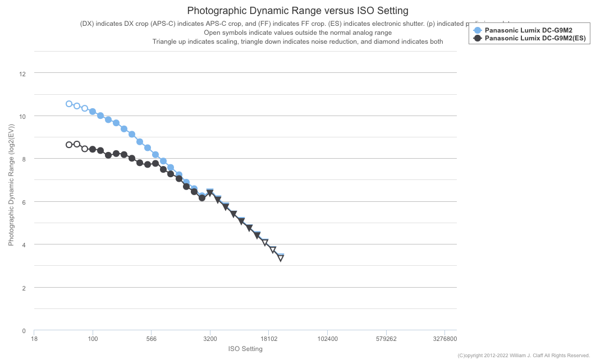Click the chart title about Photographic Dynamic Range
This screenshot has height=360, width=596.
click(x=297, y=11)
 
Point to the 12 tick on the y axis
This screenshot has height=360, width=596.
click(x=23, y=73)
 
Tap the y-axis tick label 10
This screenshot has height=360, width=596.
click(x=23, y=116)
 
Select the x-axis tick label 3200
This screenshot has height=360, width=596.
click(x=210, y=339)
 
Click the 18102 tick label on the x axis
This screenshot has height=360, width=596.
click(x=269, y=339)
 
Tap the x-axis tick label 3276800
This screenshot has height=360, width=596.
click(x=444, y=339)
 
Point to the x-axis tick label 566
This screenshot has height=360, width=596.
click(x=151, y=339)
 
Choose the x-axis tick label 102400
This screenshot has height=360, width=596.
click(x=327, y=339)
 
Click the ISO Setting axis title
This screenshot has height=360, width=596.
click(x=245, y=349)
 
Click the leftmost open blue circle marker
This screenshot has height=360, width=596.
click(x=69, y=104)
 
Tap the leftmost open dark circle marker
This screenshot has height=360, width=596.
click(x=69, y=145)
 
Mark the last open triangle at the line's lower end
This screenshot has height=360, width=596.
click(x=281, y=258)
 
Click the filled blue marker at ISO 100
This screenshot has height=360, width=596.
click(x=93, y=112)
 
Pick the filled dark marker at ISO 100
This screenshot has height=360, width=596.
click(x=93, y=149)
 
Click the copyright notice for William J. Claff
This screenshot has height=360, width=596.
click(x=524, y=356)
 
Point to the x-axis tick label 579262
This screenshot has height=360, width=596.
click(x=386, y=339)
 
